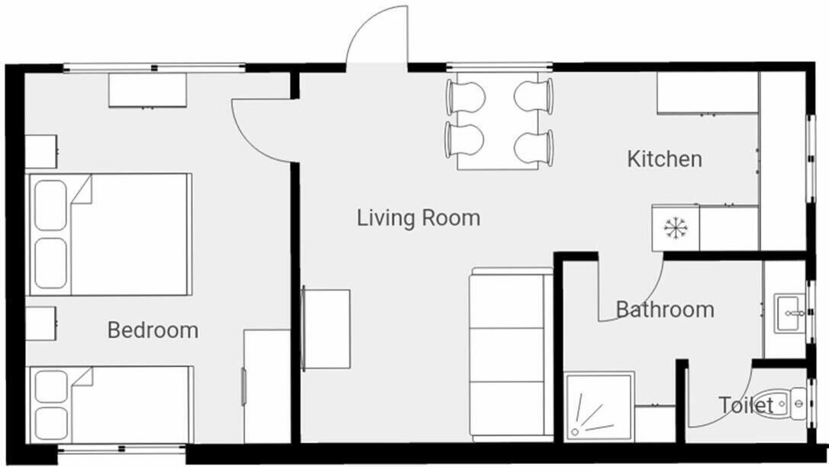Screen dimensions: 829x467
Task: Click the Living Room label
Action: (418, 217)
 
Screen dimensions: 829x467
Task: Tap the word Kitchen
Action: (665, 159)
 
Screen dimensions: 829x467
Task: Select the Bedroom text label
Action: (153, 330)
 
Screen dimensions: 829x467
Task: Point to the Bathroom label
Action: (665, 309)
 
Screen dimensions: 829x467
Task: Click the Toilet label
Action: (746, 405)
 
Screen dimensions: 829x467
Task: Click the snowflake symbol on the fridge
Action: (676, 227)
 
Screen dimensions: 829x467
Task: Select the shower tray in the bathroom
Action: (599, 407)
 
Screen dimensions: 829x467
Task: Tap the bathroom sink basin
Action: (790, 314)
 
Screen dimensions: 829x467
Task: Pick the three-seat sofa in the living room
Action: (511, 355)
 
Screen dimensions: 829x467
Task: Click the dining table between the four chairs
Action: (498, 121)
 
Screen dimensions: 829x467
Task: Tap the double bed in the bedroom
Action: (110, 234)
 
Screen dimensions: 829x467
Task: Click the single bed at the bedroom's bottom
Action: (111, 405)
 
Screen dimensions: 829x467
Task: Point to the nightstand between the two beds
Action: (41, 324)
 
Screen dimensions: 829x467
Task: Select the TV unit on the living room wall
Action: (326, 329)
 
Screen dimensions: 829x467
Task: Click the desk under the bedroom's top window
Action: (147, 90)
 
